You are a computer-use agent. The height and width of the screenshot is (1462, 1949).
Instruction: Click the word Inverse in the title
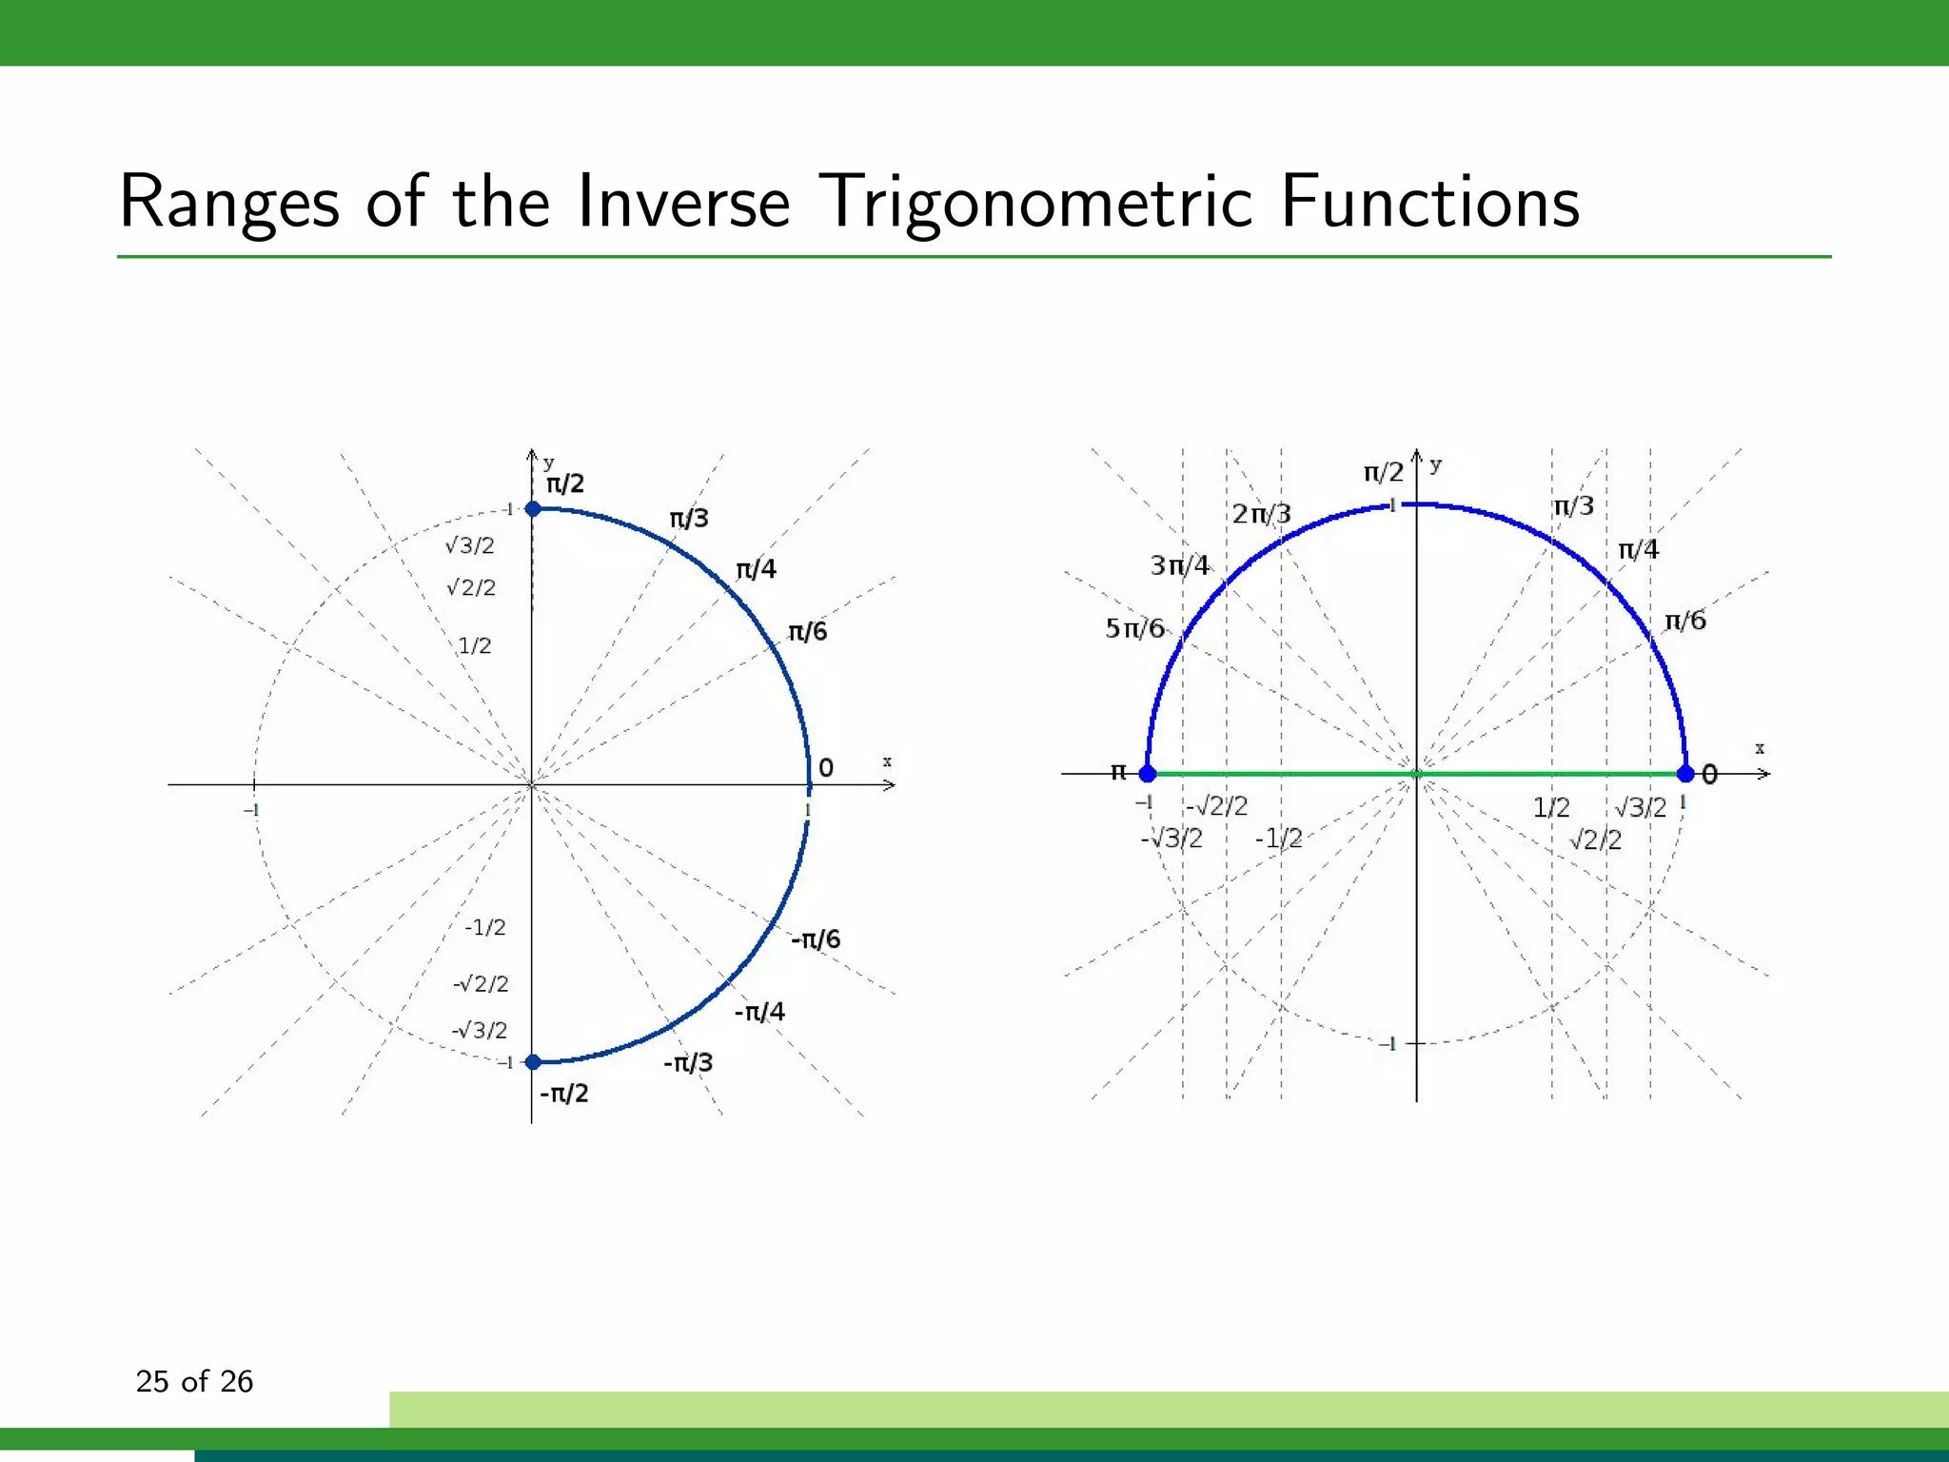683,202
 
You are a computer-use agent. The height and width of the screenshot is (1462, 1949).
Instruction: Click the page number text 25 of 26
194,1381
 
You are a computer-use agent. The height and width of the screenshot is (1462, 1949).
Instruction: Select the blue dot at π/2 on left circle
534,509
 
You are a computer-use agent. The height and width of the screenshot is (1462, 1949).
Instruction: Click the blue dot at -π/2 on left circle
534,1062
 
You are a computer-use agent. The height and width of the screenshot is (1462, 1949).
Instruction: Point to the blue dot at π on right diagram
1148,774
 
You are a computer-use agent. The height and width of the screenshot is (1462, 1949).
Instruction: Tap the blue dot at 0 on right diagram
1685,774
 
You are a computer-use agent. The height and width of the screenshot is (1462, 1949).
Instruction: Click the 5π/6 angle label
1134,628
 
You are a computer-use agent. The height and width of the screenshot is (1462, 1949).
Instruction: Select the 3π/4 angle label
1179,565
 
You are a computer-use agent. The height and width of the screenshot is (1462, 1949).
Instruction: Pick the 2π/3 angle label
1261,514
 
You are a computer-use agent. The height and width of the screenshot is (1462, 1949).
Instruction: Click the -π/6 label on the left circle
816,939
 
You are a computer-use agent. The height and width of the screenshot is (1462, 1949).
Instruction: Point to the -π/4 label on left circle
759,1012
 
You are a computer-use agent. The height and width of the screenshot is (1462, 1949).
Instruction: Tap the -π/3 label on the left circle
688,1062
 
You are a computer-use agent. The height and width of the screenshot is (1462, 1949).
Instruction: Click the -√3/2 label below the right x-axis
1171,839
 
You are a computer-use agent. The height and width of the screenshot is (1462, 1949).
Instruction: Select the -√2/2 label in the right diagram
1216,806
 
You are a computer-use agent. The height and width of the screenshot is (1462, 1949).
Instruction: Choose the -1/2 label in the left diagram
485,927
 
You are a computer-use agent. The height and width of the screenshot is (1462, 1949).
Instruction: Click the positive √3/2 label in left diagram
470,545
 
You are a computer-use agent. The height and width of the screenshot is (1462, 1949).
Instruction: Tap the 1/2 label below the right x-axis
1551,808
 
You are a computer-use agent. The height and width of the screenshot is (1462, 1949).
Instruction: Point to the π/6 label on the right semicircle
1685,621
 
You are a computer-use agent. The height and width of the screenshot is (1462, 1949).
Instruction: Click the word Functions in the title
1429,202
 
